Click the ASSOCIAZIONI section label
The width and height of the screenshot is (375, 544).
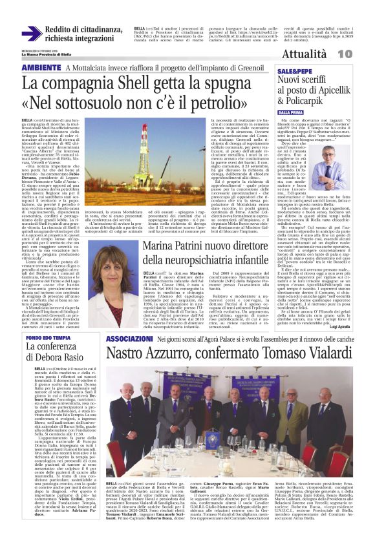pyautogui.click(x=129, y=339)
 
